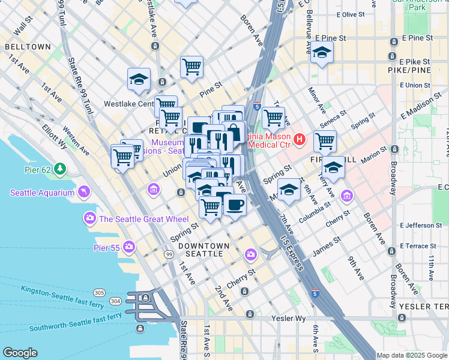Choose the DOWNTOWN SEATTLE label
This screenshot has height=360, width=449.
click(204, 250)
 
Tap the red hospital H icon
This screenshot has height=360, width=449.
click(300, 140)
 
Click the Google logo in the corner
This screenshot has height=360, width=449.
click(20, 353)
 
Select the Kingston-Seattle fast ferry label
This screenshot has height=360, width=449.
click(62, 290)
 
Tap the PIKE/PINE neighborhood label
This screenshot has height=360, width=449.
click(410, 70)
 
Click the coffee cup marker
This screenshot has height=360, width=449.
click(235, 205)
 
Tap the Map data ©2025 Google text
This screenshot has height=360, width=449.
click(412, 355)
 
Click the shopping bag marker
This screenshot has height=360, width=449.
click(234, 131)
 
